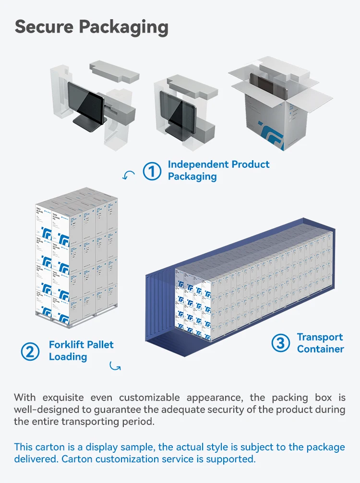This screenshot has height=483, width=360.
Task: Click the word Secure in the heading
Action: click(x=44, y=27)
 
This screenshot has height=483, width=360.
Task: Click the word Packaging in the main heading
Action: click(x=123, y=28)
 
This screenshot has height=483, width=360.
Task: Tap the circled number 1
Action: click(x=152, y=171)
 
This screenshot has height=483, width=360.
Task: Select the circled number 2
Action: click(x=30, y=351)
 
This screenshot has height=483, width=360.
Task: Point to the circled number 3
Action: click(x=281, y=343)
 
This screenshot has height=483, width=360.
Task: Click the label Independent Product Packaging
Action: click(x=218, y=170)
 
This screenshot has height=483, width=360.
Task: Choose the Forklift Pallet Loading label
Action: click(x=81, y=351)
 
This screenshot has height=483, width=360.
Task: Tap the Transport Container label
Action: click(x=320, y=343)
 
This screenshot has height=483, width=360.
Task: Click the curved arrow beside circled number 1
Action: click(x=129, y=176)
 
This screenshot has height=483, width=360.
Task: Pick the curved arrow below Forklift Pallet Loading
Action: click(x=115, y=366)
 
